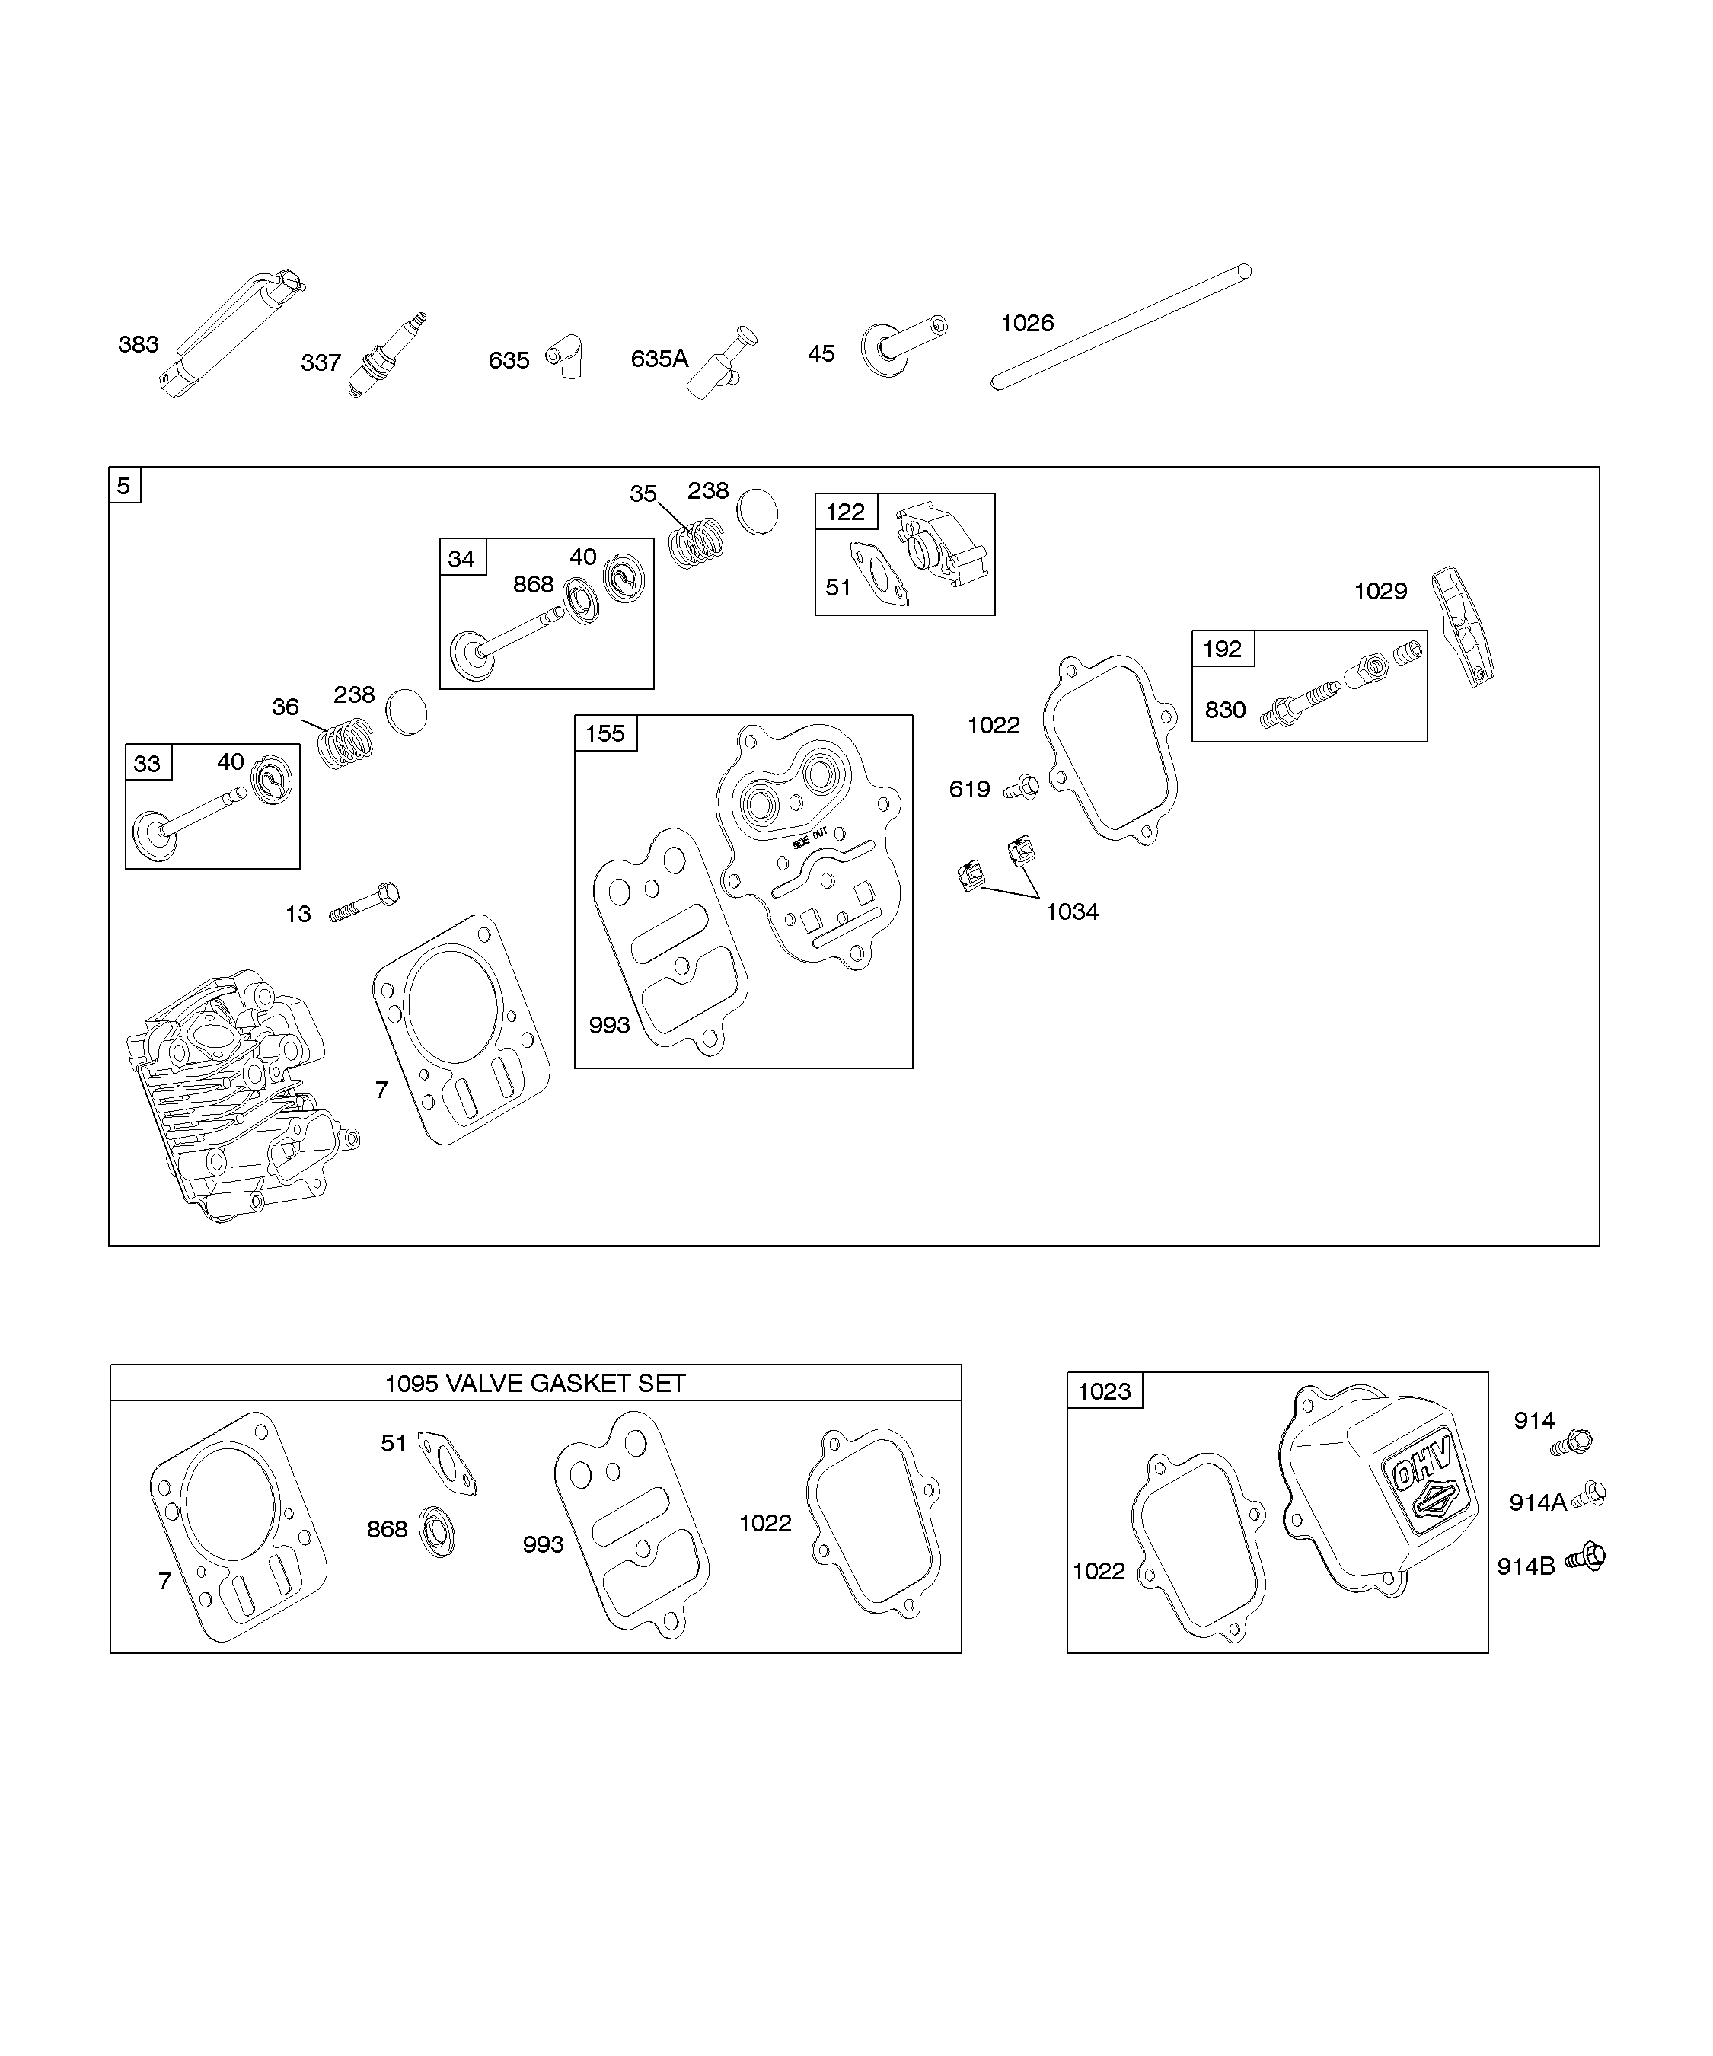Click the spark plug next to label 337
click(387, 357)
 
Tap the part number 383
click(138, 345)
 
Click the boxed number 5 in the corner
click(124, 486)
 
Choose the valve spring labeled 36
click(347, 743)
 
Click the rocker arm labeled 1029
click(1463, 627)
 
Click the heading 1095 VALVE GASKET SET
click(534, 1384)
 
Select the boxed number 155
click(605, 733)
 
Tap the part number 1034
click(1072, 911)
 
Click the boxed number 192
click(1222, 649)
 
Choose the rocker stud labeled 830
click(1302, 703)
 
